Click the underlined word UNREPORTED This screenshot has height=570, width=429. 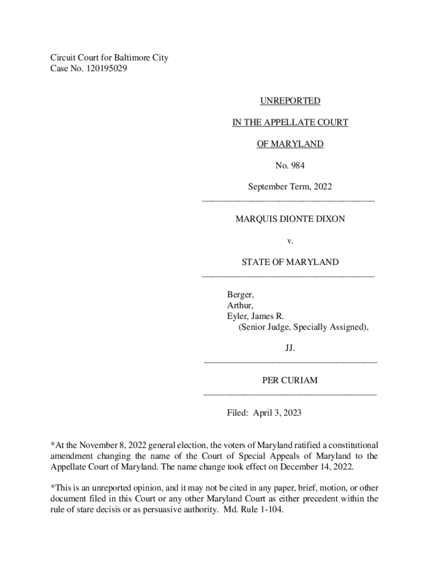290,101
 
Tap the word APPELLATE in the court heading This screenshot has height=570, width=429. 291,122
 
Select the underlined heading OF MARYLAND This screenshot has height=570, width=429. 290,144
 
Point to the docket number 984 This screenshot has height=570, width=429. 297,165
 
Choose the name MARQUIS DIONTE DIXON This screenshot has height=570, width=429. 290,219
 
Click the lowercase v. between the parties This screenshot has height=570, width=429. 290,241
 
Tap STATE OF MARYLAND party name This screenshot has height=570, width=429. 290,262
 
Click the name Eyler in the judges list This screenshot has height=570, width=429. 237,316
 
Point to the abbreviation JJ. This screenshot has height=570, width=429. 290,348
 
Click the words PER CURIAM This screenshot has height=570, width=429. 290,381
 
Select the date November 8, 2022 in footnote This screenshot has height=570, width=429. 109,445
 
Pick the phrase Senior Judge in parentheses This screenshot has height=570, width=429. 264,327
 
